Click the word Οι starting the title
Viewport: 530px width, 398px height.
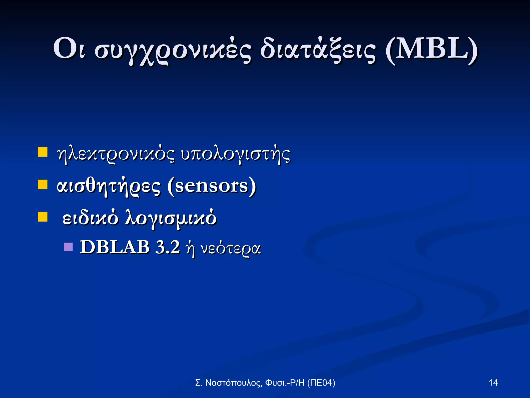coord(69,49)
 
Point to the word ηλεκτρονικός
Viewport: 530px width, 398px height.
coord(116,155)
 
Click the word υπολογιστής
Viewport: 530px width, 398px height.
coord(235,155)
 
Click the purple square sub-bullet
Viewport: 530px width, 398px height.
coord(68,247)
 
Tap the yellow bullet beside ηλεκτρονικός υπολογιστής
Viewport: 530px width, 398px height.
coord(43,152)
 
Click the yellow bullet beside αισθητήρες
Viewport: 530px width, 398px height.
coord(43,185)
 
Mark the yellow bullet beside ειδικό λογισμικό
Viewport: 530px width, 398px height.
coord(43,217)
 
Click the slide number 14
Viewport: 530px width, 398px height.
coord(493,383)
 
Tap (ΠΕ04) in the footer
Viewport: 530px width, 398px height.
coord(321,383)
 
